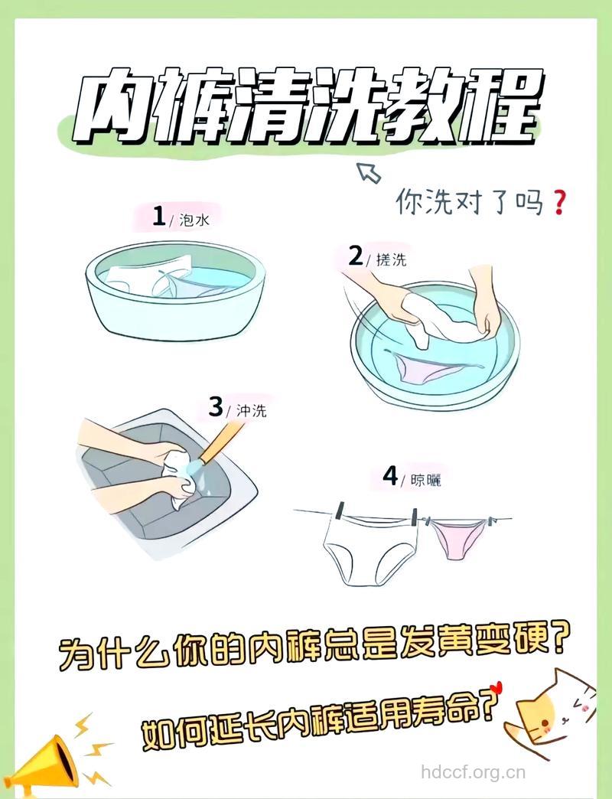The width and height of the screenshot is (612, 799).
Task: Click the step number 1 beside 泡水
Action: (x=159, y=217)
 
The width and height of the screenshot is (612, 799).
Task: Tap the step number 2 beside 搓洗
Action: (x=355, y=256)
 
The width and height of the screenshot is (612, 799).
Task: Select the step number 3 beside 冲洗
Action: (x=215, y=406)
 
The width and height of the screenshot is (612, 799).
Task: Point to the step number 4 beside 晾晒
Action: (x=391, y=478)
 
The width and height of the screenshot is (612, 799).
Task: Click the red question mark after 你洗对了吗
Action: (x=558, y=204)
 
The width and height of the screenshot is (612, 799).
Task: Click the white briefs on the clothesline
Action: (x=370, y=551)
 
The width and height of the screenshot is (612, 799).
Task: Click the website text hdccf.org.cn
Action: (x=474, y=771)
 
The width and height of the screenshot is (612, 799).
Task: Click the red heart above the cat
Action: (x=496, y=686)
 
